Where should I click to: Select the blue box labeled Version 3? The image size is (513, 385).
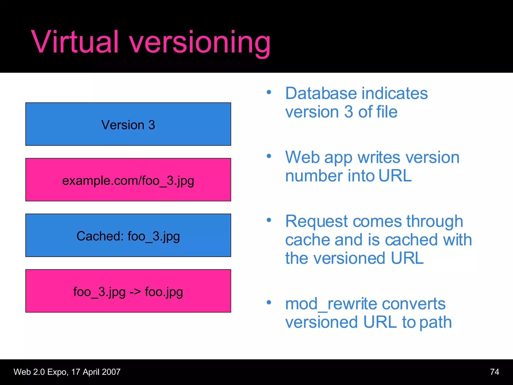(x=128, y=124)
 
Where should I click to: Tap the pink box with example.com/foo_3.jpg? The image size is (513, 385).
(x=128, y=180)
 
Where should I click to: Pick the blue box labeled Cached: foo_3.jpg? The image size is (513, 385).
(x=128, y=235)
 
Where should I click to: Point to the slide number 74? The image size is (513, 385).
(x=494, y=372)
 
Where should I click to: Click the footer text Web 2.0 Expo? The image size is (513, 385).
(x=40, y=372)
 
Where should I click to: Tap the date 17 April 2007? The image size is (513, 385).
(x=96, y=372)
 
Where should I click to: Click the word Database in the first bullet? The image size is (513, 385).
(x=321, y=93)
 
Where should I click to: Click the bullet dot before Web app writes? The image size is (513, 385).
(x=269, y=156)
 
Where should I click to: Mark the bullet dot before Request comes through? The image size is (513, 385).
(x=269, y=220)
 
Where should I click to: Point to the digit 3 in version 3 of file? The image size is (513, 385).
(x=348, y=112)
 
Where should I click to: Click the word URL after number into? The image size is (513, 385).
(x=395, y=176)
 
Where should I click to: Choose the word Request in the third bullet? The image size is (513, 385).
(x=316, y=222)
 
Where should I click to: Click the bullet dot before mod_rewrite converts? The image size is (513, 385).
(x=269, y=302)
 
